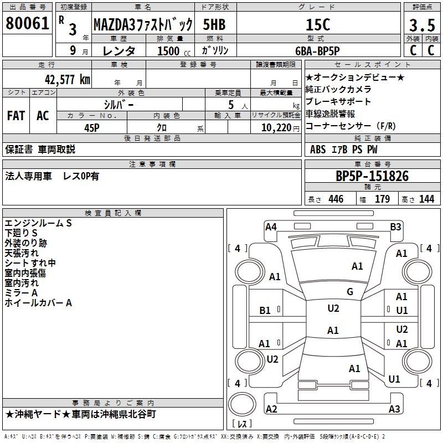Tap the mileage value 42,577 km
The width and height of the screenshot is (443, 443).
pos(58,79)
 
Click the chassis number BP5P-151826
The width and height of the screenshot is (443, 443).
pos(372,176)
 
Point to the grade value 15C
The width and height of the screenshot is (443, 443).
pos(324,24)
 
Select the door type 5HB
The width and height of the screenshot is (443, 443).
pos(214,24)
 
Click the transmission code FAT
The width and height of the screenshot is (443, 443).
pos(16,116)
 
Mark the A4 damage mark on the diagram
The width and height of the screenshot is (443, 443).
pos(271,226)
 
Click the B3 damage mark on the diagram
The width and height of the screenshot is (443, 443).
pos(395,226)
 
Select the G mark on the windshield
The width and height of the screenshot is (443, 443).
pos(350,292)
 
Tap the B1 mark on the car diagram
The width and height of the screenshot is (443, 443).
pos(265,311)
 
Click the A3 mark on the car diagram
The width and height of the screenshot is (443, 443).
pos(394,409)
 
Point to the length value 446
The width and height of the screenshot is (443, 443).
pos(336,199)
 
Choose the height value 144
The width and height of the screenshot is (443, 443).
pos(426,199)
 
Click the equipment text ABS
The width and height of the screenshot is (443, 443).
pos(318,150)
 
